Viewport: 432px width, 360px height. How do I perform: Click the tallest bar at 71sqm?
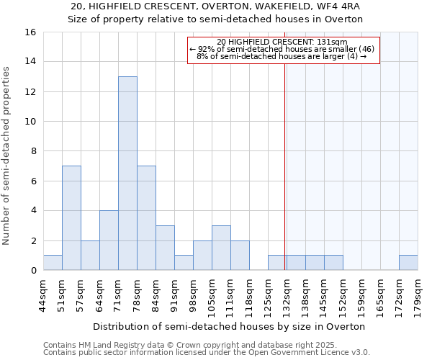127,174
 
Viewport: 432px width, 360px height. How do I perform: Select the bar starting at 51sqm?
71,218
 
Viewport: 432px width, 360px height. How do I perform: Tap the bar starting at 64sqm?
109,240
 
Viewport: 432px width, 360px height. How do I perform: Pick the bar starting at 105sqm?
221,248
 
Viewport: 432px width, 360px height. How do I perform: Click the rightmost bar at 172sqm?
408,263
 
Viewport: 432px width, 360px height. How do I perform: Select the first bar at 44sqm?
53,263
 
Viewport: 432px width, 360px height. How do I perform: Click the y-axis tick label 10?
30,122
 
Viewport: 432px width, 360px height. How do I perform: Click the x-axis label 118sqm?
249,294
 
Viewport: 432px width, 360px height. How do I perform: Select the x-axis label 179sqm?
418,294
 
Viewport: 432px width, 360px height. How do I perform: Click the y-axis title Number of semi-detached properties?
7,156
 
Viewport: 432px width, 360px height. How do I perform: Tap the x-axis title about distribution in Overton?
230,326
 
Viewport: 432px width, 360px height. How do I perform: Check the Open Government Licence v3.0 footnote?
206,353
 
